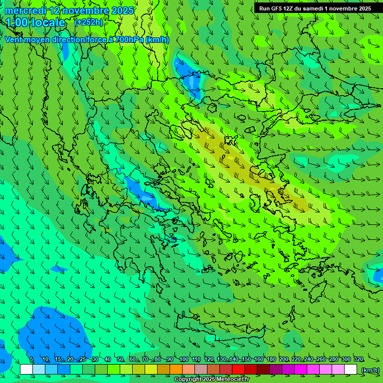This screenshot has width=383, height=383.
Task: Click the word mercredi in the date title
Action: click(x=25, y=10)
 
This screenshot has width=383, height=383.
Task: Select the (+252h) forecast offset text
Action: click(x=89, y=22)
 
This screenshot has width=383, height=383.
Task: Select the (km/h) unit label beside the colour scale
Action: click(x=370, y=370)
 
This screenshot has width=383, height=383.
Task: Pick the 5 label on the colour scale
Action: click(x=31, y=360)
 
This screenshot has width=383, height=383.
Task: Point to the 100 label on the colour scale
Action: click(x=184, y=360)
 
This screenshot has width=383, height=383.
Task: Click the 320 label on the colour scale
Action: click(x=359, y=360)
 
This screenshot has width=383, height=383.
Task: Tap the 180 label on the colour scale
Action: click(x=271, y=360)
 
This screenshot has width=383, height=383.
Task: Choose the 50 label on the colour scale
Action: click(x=120, y=360)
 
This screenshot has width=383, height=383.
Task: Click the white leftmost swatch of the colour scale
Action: click(x=26, y=370)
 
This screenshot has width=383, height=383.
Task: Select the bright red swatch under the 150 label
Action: click(x=238, y=370)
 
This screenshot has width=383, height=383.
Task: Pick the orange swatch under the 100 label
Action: click(x=176, y=370)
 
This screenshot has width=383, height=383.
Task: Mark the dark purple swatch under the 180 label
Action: click(x=276, y=370)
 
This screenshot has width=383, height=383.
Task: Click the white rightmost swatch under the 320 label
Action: click(x=351, y=370)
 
